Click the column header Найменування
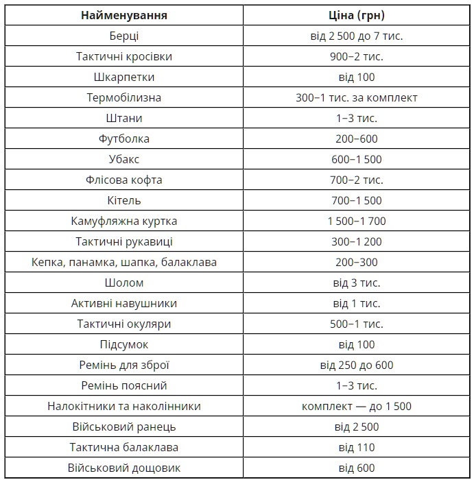(123, 15)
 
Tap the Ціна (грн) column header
(357, 15)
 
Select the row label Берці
(123, 36)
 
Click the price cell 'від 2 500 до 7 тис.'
(357, 36)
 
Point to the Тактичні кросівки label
(123, 56)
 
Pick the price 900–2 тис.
(357, 56)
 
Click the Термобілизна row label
(123, 97)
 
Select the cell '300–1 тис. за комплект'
(357, 97)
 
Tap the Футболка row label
(123, 139)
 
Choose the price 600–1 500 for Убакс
(357, 159)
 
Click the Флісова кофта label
(123, 180)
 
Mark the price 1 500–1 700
(357, 221)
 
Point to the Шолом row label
(123, 283)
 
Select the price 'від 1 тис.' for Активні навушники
(357, 303)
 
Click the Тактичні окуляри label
(123, 324)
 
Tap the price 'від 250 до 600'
(357, 365)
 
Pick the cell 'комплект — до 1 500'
(357, 406)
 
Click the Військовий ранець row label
(123, 427)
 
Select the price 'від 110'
(357, 447)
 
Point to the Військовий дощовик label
(123, 468)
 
